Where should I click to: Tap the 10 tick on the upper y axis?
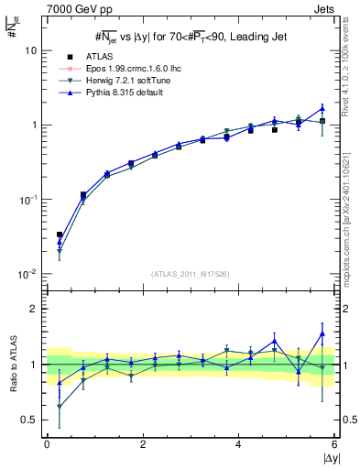click(x=31, y=51)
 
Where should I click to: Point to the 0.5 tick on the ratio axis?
click(x=27, y=420)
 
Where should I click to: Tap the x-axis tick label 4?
click(x=239, y=444)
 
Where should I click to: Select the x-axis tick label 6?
click(x=334, y=444)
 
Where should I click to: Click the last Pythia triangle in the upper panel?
click(x=322, y=108)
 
